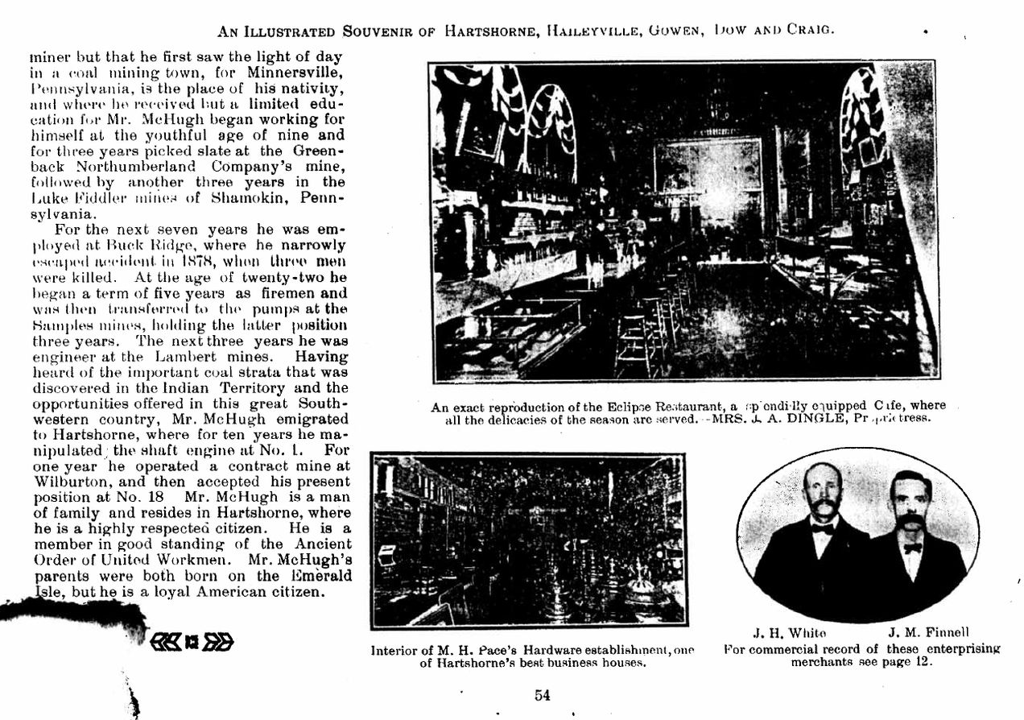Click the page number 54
(x=542, y=695)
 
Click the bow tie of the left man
(x=822, y=529)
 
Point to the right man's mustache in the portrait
(x=909, y=523)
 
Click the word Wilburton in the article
(x=66, y=482)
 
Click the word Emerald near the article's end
(x=315, y=576)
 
